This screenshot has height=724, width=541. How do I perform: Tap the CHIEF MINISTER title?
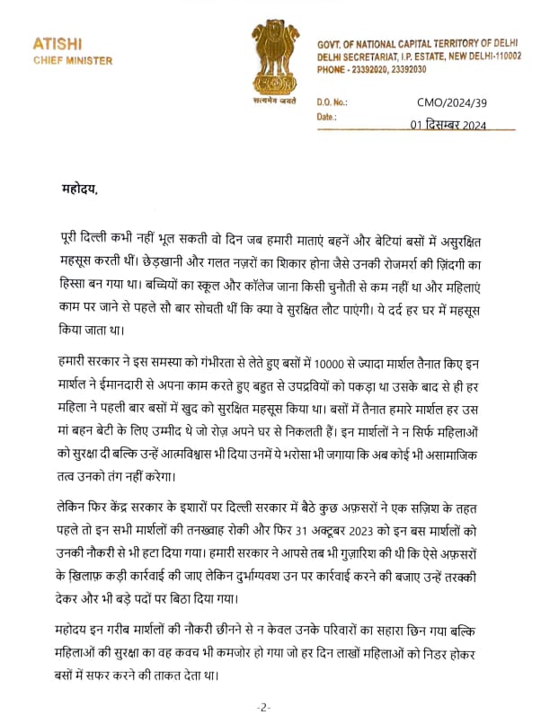point(73,60)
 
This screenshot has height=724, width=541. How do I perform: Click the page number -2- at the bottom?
point(263,708)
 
